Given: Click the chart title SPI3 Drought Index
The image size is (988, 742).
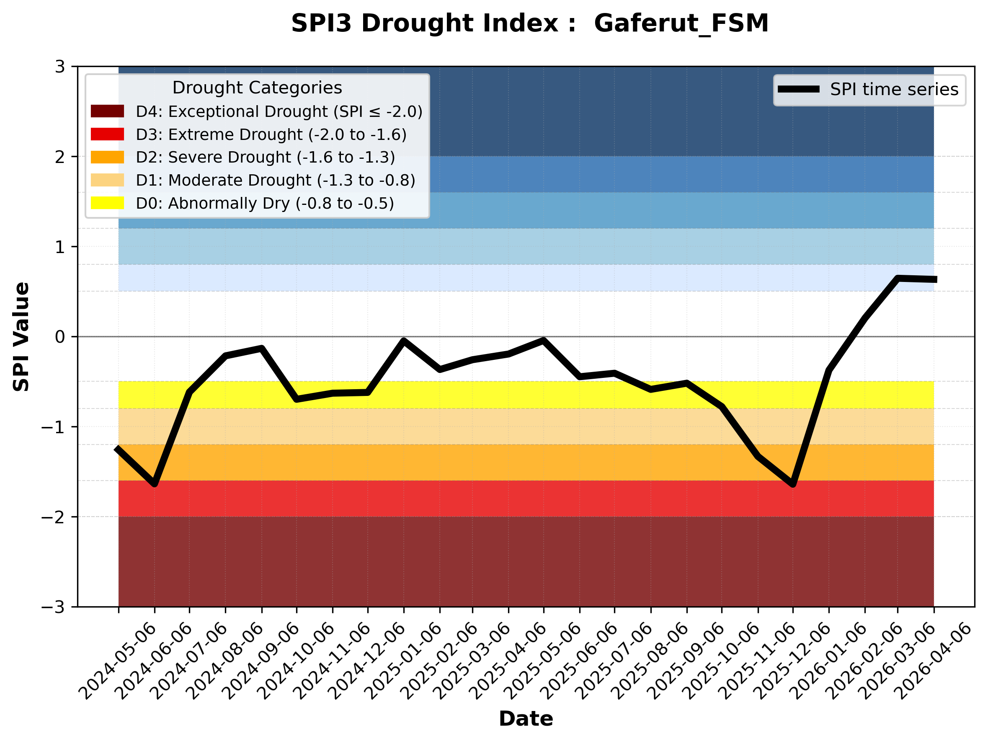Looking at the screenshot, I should click(x=529, y=23).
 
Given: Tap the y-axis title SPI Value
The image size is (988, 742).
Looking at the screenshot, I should click(x=21, y=337).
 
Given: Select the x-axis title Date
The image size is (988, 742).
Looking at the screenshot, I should click(x=526, y=719).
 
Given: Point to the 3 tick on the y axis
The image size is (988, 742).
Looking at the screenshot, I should click(x=60, y=67).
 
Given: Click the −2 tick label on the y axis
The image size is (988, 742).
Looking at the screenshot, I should click(x=53, y=517).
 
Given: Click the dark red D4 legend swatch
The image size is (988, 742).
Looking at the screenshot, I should click(x=107, y=111).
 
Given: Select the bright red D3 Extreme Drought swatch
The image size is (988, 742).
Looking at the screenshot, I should click(x=107, y=134).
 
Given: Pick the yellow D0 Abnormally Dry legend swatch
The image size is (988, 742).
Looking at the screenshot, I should click(x=107, y=203).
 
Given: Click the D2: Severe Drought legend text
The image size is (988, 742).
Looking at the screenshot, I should click(x=265, y=157).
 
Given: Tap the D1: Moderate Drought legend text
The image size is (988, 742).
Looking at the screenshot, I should click(x=276, y=180).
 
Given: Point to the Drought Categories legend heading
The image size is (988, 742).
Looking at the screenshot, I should click(x=257, y=88).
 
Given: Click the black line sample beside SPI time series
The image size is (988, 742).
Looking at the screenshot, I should click(x=799, y=89).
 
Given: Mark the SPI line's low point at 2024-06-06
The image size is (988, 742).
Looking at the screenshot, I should click(x=155, y=484).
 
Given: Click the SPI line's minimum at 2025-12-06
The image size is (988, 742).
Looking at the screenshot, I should click(x=793, y=484).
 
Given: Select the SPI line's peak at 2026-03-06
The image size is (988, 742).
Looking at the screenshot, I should click(x=898, y=278).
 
